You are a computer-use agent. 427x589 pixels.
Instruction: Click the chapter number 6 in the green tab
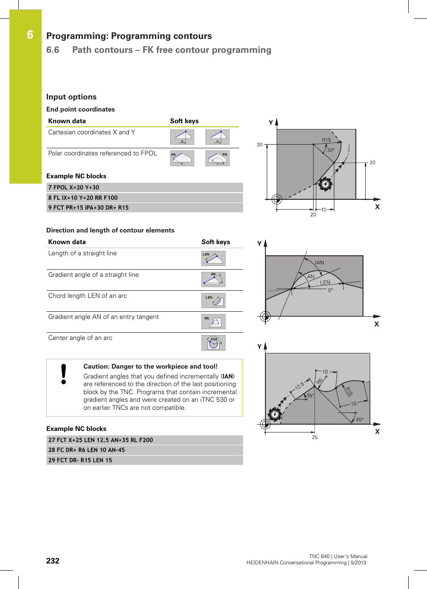(30, 35)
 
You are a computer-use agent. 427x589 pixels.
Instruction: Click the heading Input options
(71, 97)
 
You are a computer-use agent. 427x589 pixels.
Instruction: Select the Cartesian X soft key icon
(182, 137)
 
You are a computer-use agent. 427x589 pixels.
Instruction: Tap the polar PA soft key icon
(218, 158)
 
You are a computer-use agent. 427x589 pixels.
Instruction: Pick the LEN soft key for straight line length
(213, 258)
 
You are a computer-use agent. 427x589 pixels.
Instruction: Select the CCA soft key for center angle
(213, 343)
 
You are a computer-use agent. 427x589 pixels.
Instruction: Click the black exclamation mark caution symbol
(64, 374)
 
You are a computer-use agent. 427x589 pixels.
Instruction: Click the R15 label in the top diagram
(326, 140)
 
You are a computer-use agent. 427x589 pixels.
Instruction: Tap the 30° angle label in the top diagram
(331, 150)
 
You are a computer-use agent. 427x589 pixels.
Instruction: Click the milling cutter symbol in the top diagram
(325, 184)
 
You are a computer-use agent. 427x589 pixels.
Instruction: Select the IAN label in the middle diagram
(319, 262)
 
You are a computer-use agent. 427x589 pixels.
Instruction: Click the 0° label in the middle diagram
(330, 290)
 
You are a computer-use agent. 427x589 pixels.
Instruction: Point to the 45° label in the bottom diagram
(359, 420)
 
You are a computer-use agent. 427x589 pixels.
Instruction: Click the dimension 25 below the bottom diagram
(315, 437)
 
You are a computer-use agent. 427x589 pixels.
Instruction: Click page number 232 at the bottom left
(53, 561)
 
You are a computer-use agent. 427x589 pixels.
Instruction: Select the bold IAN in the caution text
(228, 376)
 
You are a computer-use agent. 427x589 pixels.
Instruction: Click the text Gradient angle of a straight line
(94, 275)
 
